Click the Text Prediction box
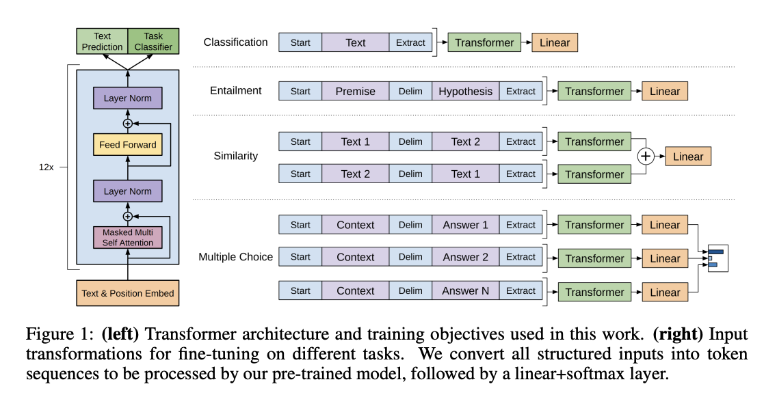(101, 42)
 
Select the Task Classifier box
(153, 42)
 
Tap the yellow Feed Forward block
(127, 145)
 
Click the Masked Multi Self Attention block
(127, 238)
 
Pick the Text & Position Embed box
(127, 293)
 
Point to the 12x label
(47, 166)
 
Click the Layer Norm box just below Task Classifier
(127, 98)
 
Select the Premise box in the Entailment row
(355, 92)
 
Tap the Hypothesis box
(465, 92)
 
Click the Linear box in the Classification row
(554, 42)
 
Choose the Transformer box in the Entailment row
(594, 92)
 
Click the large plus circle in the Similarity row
(646, 156)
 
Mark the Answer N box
(465, 290)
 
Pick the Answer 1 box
(465, 225)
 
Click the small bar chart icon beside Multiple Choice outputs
(717, 258)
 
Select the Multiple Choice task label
(235, 258)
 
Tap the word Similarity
(235, 156)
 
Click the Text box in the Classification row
(355, 42)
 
